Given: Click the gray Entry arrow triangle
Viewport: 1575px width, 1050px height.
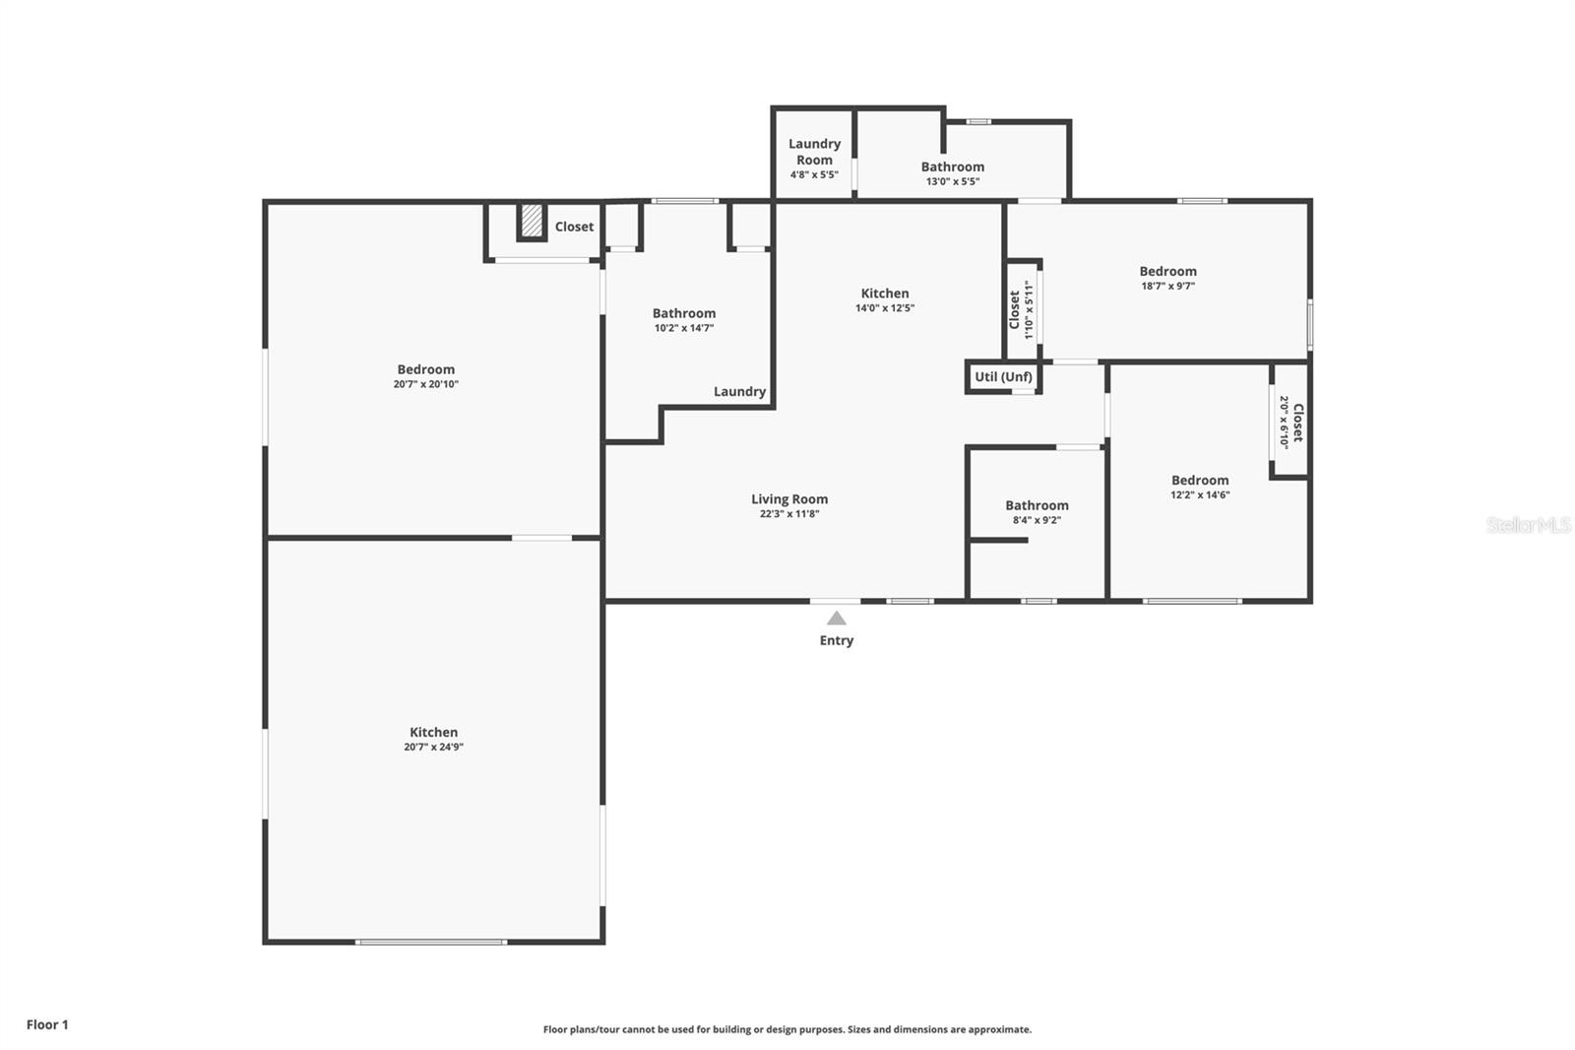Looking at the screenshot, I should [x=836, y=619].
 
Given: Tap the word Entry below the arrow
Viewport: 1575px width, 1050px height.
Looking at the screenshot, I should [x=836, y=640].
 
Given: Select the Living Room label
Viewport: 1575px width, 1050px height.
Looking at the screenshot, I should [x=789, y=499].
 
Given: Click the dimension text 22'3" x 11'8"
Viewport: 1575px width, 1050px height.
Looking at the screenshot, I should [x=789, y=514].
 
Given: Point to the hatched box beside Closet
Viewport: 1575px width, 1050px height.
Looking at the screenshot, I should [x=532, y=221].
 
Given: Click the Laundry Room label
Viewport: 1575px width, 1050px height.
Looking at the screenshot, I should [x=814, y=152].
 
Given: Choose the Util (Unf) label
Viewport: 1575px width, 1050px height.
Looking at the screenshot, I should [x=1003, y=376].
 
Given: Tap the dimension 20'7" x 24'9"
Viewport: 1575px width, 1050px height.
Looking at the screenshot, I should [x=433, y=748].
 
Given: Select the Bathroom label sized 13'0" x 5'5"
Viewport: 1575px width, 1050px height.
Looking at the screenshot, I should [x=952, y=166].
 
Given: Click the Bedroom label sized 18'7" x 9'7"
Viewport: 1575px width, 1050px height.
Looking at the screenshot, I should [x=1167, y=271].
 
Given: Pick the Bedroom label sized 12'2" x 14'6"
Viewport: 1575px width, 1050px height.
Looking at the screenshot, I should [x=1199, y=481].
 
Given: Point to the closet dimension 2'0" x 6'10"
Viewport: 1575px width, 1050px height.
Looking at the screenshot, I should [x=1284, y=423].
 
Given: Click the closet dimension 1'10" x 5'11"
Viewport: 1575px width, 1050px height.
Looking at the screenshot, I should [x=1030, y=309].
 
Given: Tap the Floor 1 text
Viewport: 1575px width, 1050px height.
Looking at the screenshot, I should [x=47, y=1024].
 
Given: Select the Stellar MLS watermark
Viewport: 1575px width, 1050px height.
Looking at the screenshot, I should [x=1528, y=525].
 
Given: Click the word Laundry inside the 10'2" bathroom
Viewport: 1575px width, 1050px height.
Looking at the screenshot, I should [x=739, y=391].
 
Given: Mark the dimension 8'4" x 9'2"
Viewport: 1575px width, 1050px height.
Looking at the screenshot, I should [x=1037, y=520].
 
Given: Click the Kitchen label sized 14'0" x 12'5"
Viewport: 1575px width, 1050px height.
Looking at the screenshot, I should [x=885, y=293].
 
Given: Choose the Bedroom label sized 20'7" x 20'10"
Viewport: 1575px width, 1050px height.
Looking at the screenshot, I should [x=425, y=369].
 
